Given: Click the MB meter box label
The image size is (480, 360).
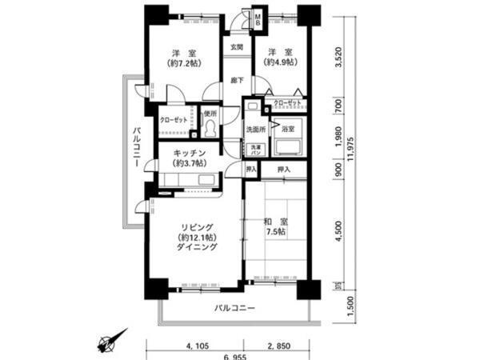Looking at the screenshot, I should (258, 18).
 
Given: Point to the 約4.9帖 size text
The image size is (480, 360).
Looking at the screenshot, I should (279, 65).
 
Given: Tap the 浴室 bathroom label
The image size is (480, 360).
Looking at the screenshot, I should (287, 128).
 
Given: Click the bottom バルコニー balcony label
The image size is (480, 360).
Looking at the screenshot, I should (234, 308).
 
